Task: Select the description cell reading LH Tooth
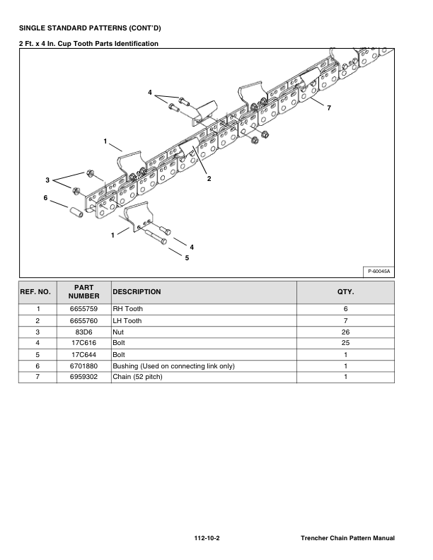coord(127,320)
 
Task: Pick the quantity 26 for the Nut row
coord(345,332)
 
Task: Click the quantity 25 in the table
coord(345,343)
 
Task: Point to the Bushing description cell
coord(173,366)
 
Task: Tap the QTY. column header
coord(345,291)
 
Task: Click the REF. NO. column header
coord(35,291)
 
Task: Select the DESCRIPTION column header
coord(137,291)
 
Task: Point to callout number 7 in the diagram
coord(328,108)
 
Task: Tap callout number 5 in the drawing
coord(187,258)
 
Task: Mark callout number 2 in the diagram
coord(209,179)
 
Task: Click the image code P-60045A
coord(379,271)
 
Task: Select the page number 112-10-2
coord(207,539)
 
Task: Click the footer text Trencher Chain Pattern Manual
coord(347,539)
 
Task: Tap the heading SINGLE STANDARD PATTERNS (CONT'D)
coord(90,28)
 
